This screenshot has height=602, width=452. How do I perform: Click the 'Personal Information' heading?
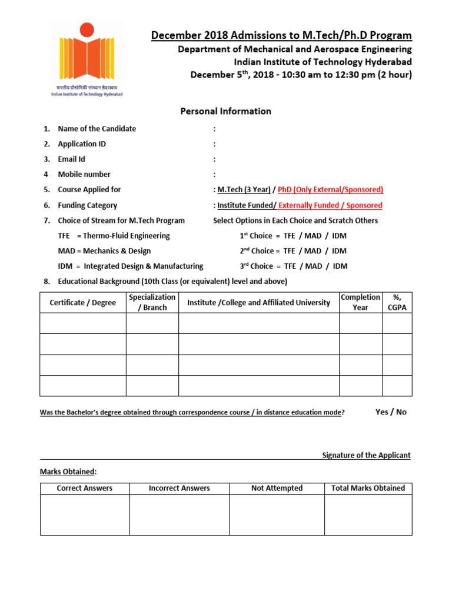pyautogui.click(x=225, y=111)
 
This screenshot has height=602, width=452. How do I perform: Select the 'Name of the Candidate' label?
pyautogui.click(x=97, y=129)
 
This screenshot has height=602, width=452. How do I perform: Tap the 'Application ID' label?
pyautogui.click(x=82, y=144)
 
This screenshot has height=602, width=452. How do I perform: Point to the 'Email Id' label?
pyautogui.click(x=71, y=159)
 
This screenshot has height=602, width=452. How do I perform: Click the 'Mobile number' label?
pyautogui.click(x=84, y=175)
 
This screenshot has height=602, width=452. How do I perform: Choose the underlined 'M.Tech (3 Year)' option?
pyautogui.click(x=244, y=190)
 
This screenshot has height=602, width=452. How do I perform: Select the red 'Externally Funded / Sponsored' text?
pyautogui.click(x=330, y=206)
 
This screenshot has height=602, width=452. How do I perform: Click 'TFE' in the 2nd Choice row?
pyautogui.click(x=289, y=251)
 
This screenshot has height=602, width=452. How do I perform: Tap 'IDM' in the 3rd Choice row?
pyautogui.click(x=340, y=266)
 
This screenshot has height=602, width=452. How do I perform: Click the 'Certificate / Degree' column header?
pyautogui.click(x=83, y=303)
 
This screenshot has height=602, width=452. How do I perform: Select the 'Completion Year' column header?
pyautogui.click(x=360, y=302)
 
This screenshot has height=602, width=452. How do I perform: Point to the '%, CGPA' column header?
pyautogui.click(x=397, y=302)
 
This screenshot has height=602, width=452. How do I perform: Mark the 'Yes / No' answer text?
pyautogui.click(x=391, y=412)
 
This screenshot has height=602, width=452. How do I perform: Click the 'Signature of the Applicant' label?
pyautogui.click(x=366, y=456)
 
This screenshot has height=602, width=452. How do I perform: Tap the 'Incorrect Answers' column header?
pyautogui.click(x=179, y=488)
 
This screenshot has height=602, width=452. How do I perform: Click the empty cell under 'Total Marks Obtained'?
pyautogui.click(x=368, y=514)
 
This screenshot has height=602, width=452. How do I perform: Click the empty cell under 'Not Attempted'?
pyautogui.click(x=277, y=514)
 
